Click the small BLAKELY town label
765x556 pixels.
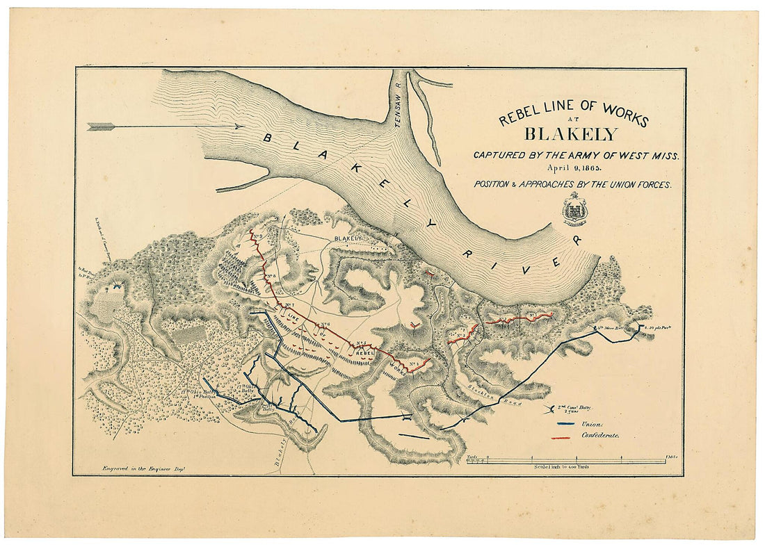[x=349, y=238]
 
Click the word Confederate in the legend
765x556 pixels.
[x=600, y=436]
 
